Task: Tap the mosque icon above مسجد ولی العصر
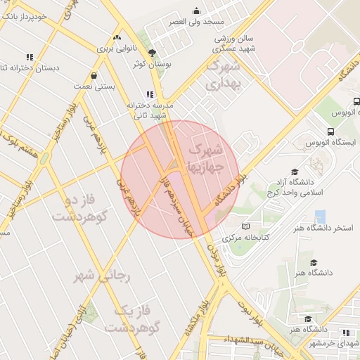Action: pyautogui.click(x=196, y=11)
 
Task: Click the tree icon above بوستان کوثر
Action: pyautogui.click(x=152, y=52)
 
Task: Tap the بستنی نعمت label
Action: pyautogui.click(x=94, y=86)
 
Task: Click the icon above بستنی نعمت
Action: pyautogui.click(x=94, y=75)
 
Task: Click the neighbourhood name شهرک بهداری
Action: pyautogui.click(x=223, y=75)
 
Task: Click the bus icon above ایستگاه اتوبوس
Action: pyautogui.click(x=330, y=131)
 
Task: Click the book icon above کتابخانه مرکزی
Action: pyautogui.click(x=245, y=226)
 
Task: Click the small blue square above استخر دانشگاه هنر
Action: pyautogui.click(x=321, y=216)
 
